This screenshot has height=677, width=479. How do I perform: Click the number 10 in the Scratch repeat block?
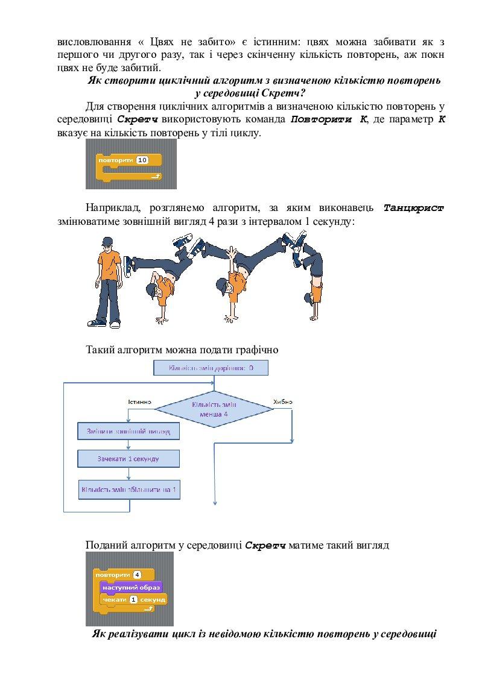(142, 160)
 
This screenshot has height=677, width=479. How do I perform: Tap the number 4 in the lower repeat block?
(137, 575)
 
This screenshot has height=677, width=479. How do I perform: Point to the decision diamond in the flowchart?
(214, 409)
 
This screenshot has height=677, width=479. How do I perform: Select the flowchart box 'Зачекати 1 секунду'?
(128, 459)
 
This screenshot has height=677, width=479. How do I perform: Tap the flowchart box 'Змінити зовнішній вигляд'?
(128, 432)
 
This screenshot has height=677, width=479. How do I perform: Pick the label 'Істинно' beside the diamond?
(139, 401)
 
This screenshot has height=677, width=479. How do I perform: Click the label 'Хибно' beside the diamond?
(282, 401)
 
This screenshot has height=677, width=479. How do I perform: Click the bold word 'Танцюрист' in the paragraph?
(413, 208)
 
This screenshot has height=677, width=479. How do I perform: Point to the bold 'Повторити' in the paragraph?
(320, 119)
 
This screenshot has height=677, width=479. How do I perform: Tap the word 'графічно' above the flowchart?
(256, 348)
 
